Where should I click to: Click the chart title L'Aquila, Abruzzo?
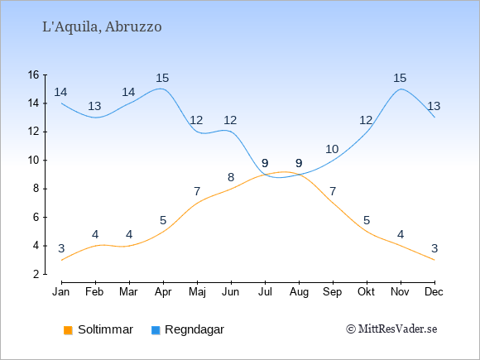pos(102,27)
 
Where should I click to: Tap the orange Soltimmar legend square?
pos(68,330)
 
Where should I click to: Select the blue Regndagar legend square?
pos(156,330)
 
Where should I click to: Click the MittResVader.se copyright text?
pos(391,329)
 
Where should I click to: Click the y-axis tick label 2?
pos(36,274)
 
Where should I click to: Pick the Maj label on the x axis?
pos(197,292)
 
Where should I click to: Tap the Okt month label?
pos(366,292)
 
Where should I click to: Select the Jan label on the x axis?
pos(61,292)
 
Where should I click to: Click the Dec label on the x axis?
pos(434,292)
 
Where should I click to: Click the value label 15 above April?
pos(162,78)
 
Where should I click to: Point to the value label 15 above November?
pos(400,78)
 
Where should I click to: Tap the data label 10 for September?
pos(332,150)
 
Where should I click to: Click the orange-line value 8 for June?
pos(231,177)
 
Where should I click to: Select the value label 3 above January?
pos(61,248)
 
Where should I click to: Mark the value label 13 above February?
pos(94,107)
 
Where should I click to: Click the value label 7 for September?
pos(333,192)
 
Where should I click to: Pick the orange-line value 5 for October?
pos(367,220)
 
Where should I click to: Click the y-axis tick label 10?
pos(33,160)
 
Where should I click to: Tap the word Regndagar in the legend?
pos(194,329)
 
